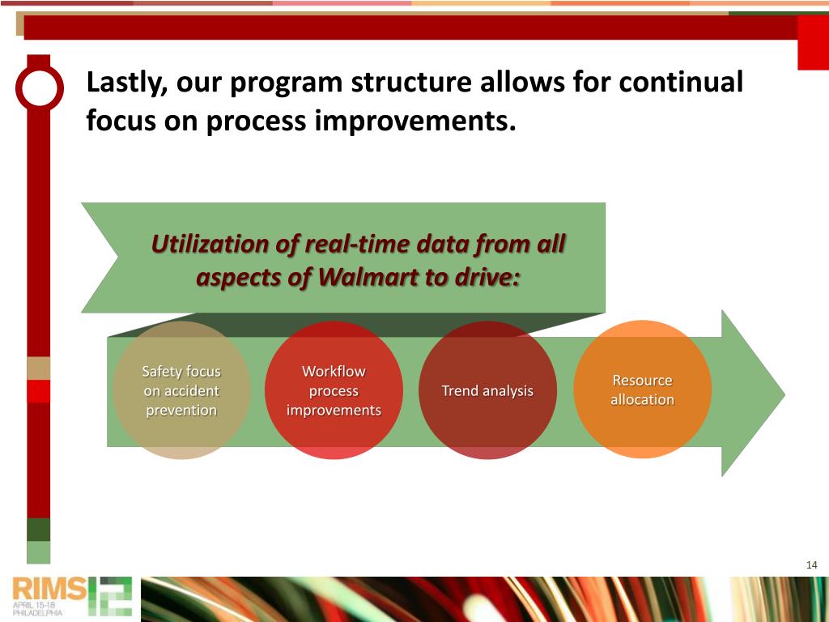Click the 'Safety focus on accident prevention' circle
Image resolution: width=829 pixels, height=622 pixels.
click(x=181, y=390)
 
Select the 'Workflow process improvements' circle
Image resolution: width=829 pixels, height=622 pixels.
click(x=334, y=390)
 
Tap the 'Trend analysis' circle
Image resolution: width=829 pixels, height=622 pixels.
click(x=487, y=390)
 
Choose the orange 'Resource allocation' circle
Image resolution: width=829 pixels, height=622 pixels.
click(x=642, y=390)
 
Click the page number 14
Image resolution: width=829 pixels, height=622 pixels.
click(x=811, y=564)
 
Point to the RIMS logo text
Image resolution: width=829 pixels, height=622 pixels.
click(x=49, y=588)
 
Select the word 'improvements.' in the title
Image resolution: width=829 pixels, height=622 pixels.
click(x=415, y=121)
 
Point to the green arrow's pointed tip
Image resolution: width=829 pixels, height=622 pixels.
click(x=784, y=394)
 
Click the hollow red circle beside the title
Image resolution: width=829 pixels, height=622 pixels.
click(x=40, y=88)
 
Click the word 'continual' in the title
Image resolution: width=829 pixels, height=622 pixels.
click(x=681, y=82)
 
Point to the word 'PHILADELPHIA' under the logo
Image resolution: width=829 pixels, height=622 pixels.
click(x=37, y=612)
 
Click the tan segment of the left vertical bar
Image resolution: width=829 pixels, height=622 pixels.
click(x=39, y=369)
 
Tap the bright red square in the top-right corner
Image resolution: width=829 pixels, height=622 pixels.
click(x=813, y=42)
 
